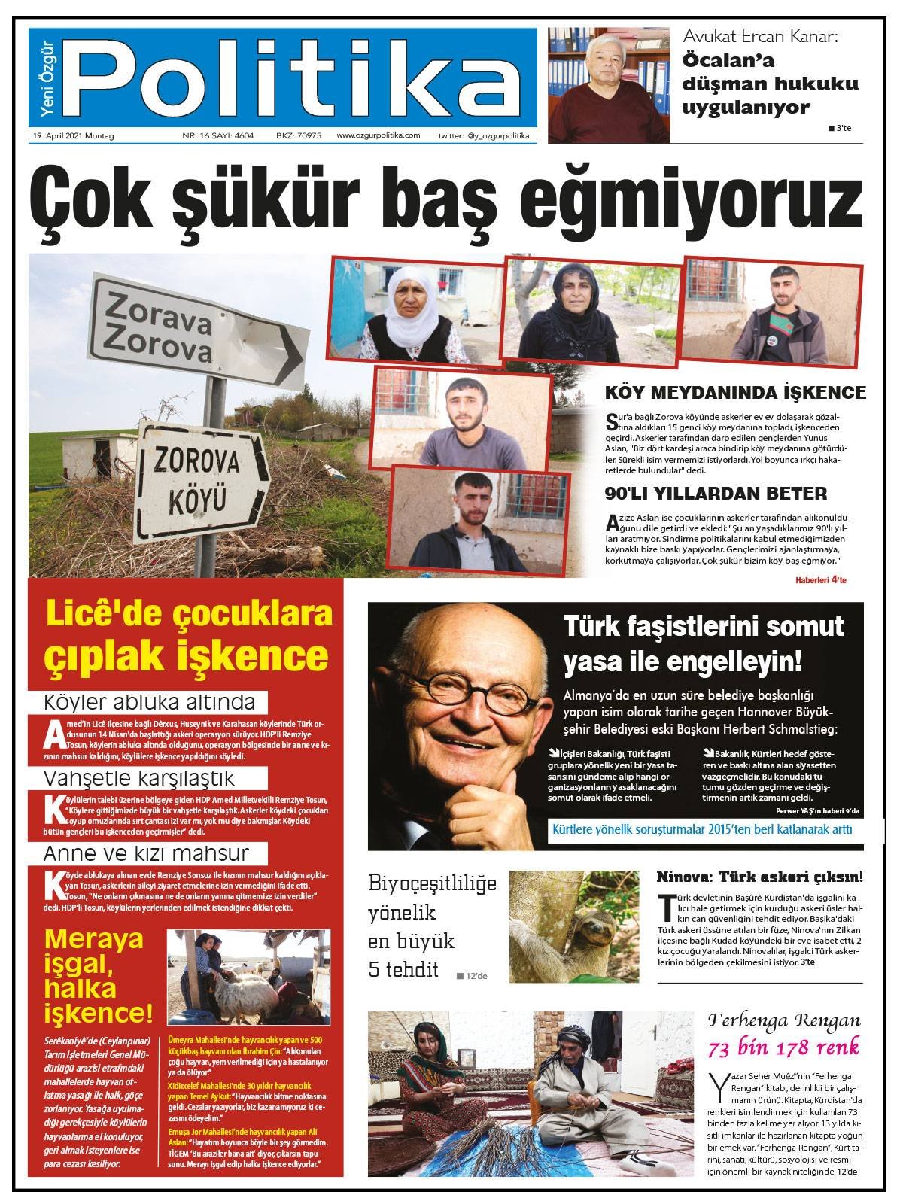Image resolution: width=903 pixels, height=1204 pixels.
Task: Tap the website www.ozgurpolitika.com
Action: [x=378, y=136]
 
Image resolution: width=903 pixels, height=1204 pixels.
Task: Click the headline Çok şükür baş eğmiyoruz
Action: [x=444, y=199]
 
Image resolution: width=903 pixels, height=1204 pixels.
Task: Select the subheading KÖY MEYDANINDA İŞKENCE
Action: [x=735, y=392]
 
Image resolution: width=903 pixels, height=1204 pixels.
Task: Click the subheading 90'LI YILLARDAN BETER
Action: [x=716, y=494]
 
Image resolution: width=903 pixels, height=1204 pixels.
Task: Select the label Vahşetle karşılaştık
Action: [x=139, y=777]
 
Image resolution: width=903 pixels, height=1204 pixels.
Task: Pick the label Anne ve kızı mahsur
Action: [x=145, y=853]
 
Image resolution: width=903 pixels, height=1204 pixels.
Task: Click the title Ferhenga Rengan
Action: [x=783, y=1021]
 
